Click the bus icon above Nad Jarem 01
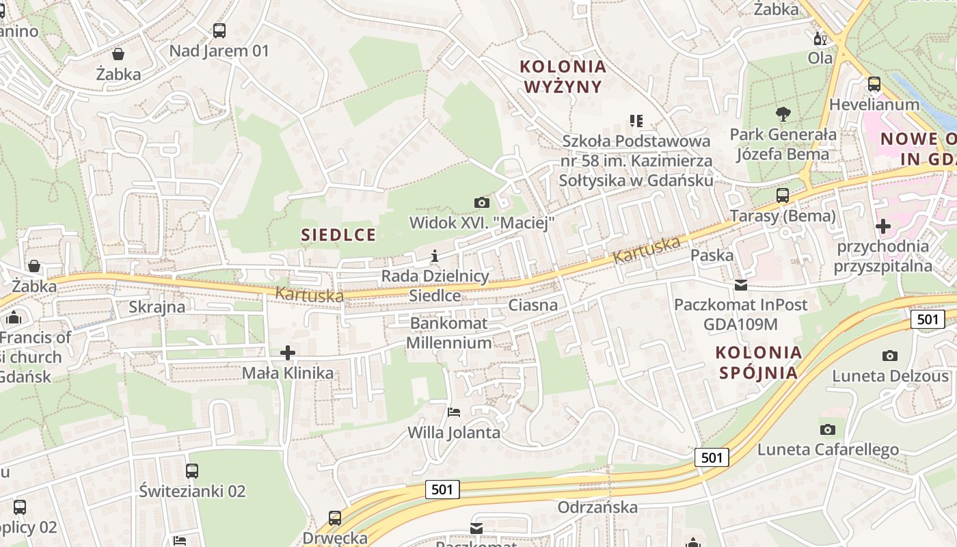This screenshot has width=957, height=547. click(219, 31)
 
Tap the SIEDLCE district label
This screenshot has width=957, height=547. click(338, 235)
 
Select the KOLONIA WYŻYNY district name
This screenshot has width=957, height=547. click(563, 77)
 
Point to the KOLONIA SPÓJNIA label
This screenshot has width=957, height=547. click(758, 362)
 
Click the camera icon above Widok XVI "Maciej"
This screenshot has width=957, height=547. click(482, 202)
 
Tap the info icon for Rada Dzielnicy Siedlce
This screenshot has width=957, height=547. click(435, 256)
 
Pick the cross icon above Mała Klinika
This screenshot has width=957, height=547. click(288, 353)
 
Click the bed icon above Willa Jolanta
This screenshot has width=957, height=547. click(454, 412)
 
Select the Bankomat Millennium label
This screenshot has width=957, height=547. click(448, 333)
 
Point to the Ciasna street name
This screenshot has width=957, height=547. click(533, 305)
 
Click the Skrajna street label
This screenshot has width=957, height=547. click(157, 307)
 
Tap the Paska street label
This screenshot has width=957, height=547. click(712, 256)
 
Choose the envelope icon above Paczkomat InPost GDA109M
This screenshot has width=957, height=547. click(741, 284)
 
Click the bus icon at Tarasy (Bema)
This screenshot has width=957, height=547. click(783, 196)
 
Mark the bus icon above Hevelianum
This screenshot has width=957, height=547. click(874, 84)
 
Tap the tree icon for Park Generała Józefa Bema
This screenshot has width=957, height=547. click(783, 114)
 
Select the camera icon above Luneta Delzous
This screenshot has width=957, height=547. click(890, 356)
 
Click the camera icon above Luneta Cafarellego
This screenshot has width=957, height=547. click(828, 429)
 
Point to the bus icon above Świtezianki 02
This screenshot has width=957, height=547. click(192, 470)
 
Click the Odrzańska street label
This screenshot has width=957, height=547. click(597, 507)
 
